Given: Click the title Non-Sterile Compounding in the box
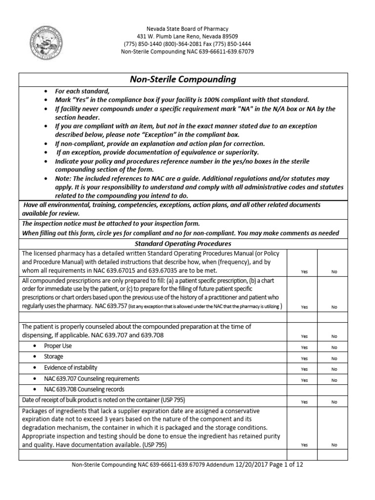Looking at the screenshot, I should coord(183,79).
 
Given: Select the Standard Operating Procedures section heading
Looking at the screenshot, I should coord(183,243).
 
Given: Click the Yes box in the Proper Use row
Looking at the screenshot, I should coord(304,347).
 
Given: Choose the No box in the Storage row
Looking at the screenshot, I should coord(334,358).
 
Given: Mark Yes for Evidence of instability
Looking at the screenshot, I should coord(304,369).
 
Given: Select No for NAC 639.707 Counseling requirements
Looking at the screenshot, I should coord(334,380).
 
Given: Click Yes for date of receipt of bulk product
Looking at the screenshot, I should coord(304,402).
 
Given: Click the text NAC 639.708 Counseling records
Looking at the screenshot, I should coord(83,389).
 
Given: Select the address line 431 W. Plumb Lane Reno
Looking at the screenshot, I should coord(187,37).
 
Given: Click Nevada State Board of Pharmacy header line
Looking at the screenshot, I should coord(187,29).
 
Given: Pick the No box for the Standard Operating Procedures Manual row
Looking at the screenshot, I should coord(334,271).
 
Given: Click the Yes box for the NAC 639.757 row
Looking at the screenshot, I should coord(304,307).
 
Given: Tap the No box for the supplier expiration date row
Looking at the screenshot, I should coord(334,445).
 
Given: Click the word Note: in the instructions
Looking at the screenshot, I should coord(63,179).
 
